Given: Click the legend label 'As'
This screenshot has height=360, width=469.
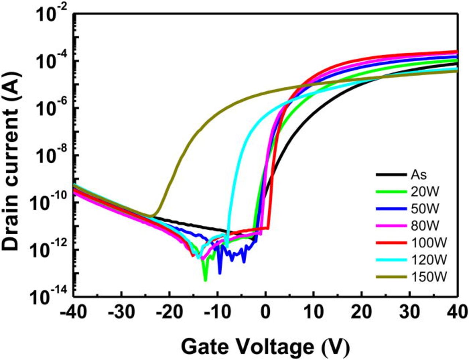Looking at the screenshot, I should [x=418, y=175].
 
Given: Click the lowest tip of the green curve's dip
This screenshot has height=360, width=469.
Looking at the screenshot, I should [x=205, y=280].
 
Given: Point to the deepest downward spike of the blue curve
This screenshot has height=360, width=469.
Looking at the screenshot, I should [x=220, y=273].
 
